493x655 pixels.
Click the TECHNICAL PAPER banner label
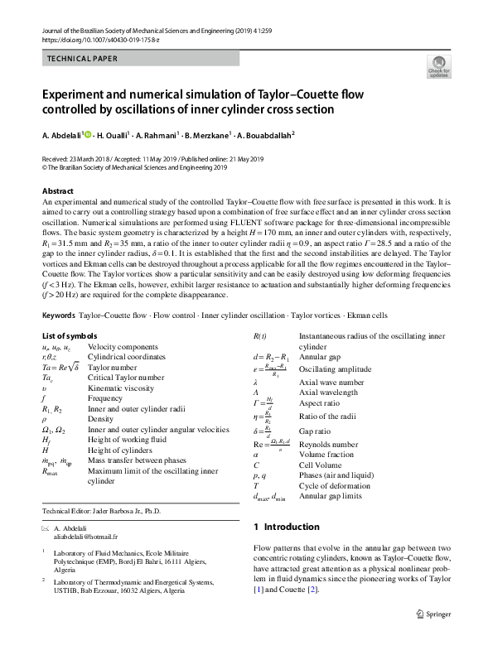click(x=80, y=59)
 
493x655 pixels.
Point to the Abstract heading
click(x=58, y=191)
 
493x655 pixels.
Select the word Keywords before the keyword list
click(x=58, y=316)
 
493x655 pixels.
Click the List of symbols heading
click(x=75, y=335)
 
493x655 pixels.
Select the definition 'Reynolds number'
click(x=326, y=444)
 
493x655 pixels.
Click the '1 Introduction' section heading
click(x=285, y=527)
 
